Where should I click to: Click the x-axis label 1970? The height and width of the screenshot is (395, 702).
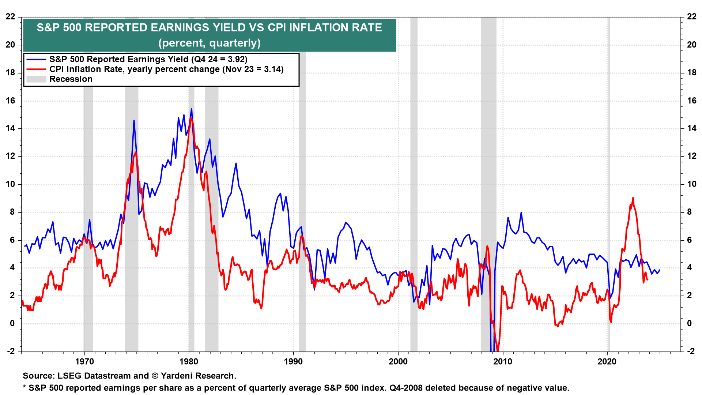coord(84,362)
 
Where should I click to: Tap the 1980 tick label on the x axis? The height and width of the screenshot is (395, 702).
coord(189,362)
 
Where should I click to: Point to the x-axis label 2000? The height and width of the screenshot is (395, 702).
coord(398,362)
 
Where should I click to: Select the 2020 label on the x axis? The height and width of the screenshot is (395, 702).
coord(607,362)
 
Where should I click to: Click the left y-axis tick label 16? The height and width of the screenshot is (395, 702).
coord(10,101)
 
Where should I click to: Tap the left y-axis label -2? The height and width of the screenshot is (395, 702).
coord(10,351)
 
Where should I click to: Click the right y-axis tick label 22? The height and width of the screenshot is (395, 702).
coord(691,16)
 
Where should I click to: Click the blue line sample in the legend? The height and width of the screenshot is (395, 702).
coord(36,60)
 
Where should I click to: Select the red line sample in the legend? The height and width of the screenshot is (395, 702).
coord(36,69)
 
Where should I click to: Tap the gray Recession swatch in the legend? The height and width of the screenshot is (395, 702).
coord(36,79)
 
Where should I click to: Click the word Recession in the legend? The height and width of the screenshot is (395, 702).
coord(71,79)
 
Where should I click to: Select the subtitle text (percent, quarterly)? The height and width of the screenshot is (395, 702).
coord(210,43)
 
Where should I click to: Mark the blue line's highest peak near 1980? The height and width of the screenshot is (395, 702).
coord(191,109)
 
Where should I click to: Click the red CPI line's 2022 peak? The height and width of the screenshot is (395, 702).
coord(633,198)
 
